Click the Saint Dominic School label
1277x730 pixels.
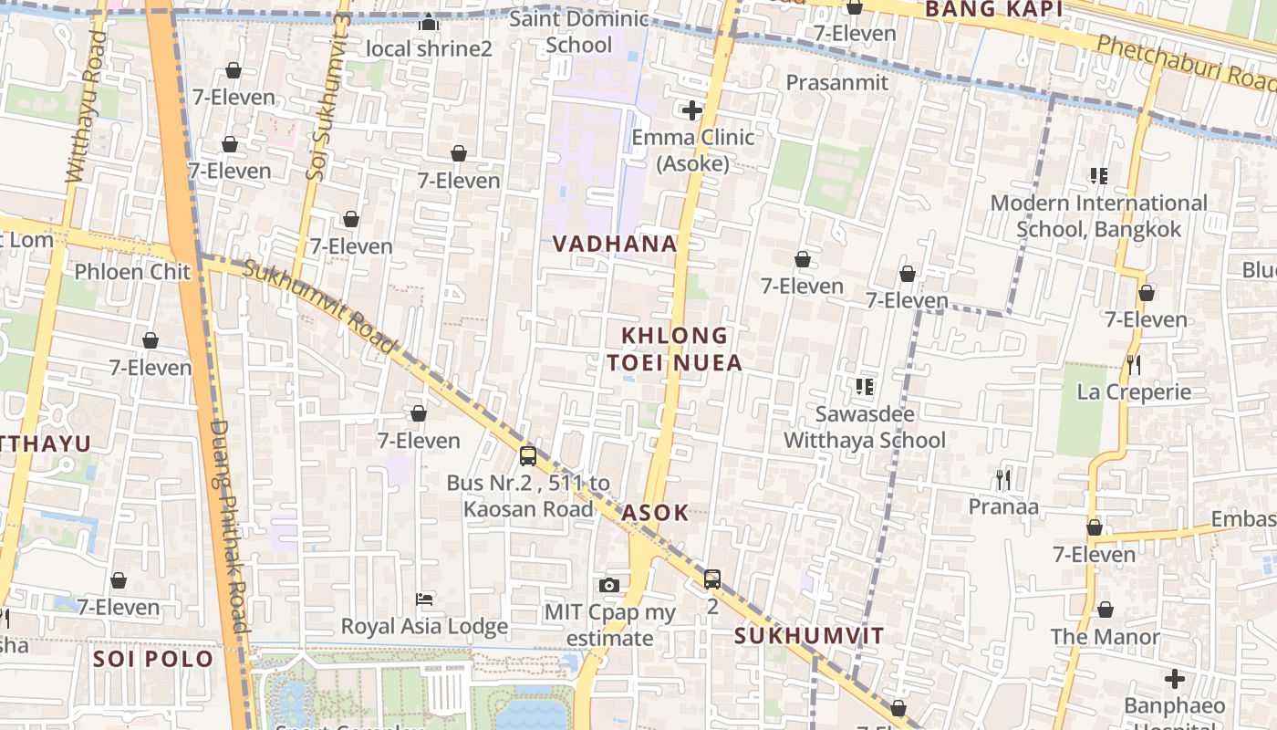[x=579, y=32]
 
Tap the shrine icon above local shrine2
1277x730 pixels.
[x=429, y=23]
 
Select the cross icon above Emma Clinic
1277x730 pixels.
[x=692, y=110]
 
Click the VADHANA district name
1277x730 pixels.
[x=615, y=244]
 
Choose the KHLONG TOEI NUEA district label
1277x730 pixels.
[x=675, y=349]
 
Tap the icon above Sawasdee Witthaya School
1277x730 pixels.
[x=865, y=387]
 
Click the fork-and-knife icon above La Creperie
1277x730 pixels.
[x=1134, y=365]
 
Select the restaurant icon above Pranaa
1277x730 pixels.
[x=1002, y=479]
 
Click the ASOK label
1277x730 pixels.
[x=655, y=513]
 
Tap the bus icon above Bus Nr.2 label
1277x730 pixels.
[x=528, y=456]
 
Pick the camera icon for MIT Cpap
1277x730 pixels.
[x=609, y=585]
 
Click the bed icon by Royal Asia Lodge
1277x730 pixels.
[x=424, y=600]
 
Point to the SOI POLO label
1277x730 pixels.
[x=152, y=659]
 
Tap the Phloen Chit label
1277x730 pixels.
[x=132, y=272]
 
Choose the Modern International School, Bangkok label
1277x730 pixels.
[x=1098, y=215]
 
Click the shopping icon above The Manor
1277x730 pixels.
[x=1105, y=610]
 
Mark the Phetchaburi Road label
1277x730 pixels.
[x=1186, y=64]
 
